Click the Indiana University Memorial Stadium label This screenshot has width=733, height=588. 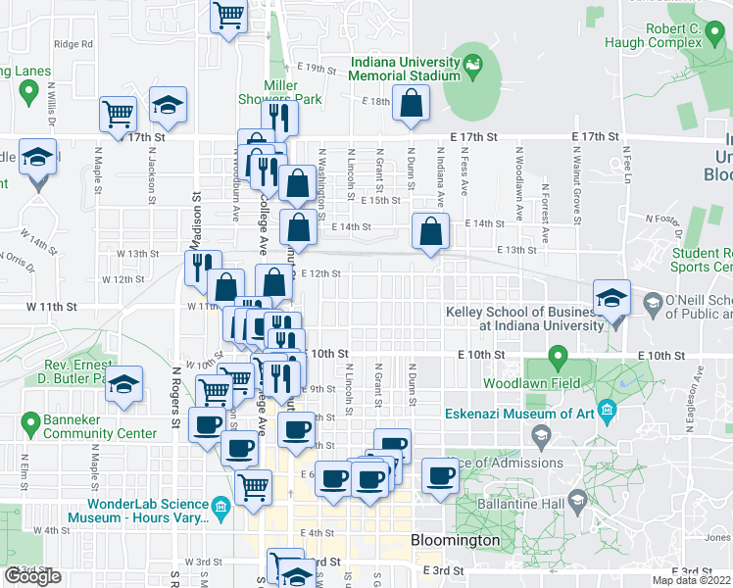(406, 69)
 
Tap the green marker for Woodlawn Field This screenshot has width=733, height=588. (558, 356)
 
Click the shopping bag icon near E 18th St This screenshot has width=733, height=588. (411, 102)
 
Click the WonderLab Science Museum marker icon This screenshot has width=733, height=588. (220, 507)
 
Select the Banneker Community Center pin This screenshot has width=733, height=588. (26, 423)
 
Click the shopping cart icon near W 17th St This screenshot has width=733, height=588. (118, 113)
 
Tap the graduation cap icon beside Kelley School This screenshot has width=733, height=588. (611, 298)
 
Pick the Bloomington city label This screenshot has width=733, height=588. (456, 540)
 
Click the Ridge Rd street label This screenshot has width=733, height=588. (73, 43)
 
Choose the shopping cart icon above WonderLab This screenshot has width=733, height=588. (255, 484)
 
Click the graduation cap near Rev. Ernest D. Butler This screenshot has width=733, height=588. (124, 383)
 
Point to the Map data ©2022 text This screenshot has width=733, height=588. (692, 580)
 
